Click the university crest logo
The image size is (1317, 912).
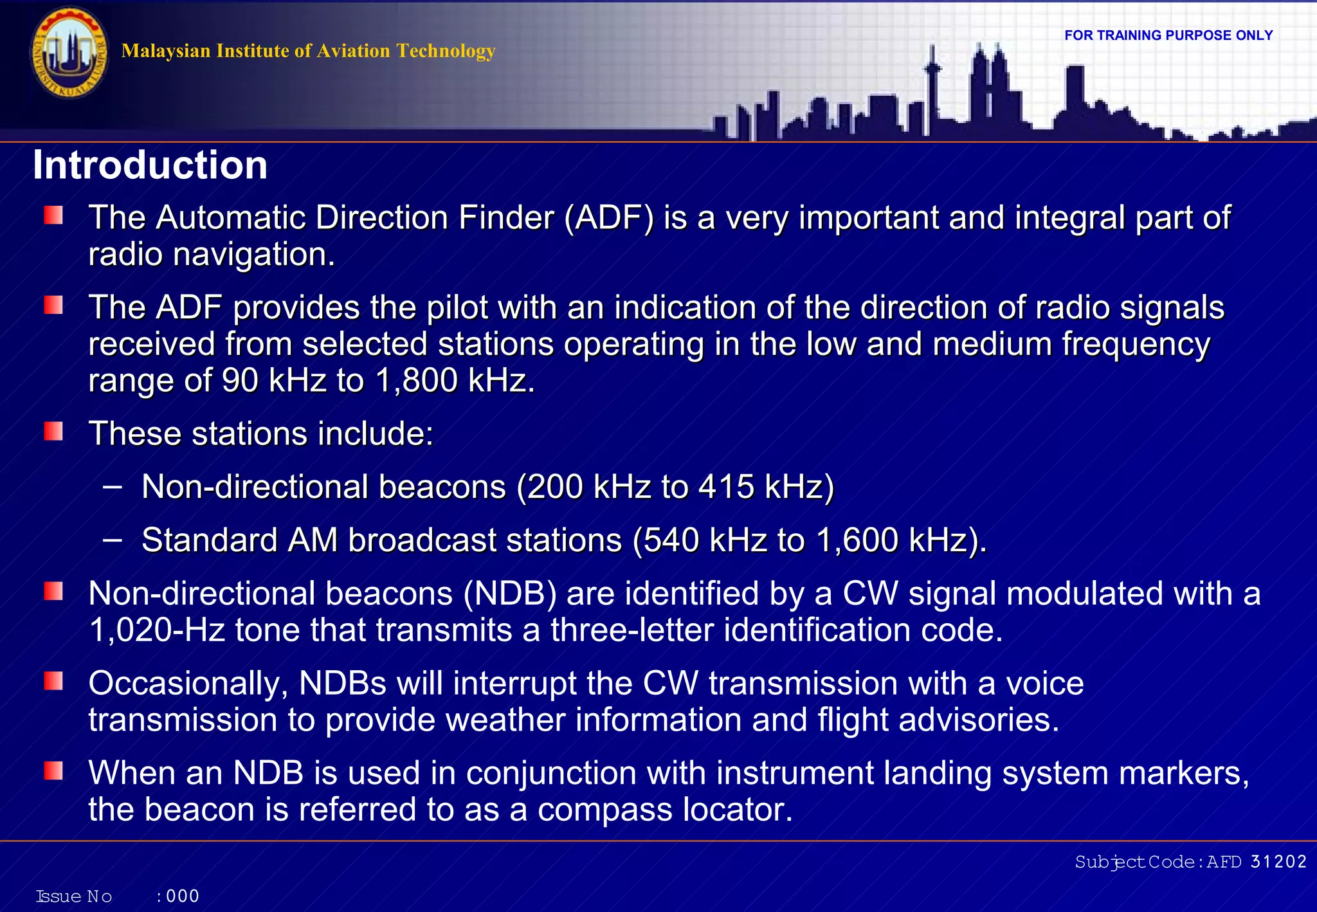[69, 53]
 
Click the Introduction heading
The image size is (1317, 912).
[150, 165]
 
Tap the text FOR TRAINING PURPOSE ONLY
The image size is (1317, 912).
[1168, 35]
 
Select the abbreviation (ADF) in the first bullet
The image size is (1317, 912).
[609, 217]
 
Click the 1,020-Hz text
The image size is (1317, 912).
[157, 630]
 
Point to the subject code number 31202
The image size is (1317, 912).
[1278, 862]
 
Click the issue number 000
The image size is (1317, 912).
[183, 896]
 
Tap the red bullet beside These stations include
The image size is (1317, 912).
[53, 432]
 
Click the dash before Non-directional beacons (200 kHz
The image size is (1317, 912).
[112, 486]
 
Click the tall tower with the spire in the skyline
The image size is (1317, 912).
[932, 90]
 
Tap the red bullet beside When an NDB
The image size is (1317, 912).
[53, 771]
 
